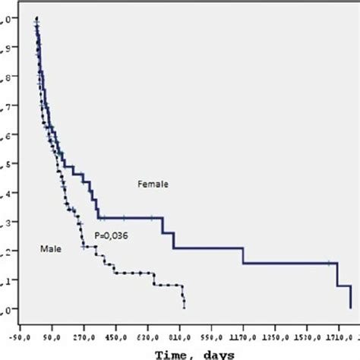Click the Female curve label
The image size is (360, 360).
153,183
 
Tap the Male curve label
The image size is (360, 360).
50,248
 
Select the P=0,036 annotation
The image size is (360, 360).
112,236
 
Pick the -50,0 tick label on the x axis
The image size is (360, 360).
21,333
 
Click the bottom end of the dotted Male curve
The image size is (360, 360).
185,308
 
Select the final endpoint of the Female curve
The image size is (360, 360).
350,308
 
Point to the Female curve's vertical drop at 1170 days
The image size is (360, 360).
243,255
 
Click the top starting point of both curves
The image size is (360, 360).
36,17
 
